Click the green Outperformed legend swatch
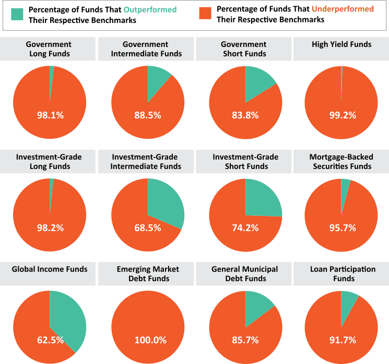pyautogui.click(x=17, y=14)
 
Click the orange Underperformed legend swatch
pyautogui.click(x=205, y=14)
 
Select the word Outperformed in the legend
pyautogui.click(x=150, y=9)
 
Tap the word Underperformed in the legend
pyautogui.click(x=343, y=9)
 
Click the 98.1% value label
pyautogui.click(x=50, y=115)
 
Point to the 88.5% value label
pyautogui.click(x=148, y=115)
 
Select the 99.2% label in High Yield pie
pyautogui.click(x=343, y=115)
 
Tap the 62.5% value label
pyautogui.click(x=50, y=340)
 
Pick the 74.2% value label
pyautogui.click(x=245, y=227)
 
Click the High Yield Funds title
pyautogui.click(x=341, y=45)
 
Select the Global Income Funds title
pyautogui.click(x=50, y=269)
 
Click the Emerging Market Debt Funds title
pyautogui.click(x=148, y=274)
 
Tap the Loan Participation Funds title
pyautogui.click(x=343, y=274)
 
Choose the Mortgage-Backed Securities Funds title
pyautogui.click(x=342, y=161)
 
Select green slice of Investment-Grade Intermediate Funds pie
pyautogui.click(x=164, y=201)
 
